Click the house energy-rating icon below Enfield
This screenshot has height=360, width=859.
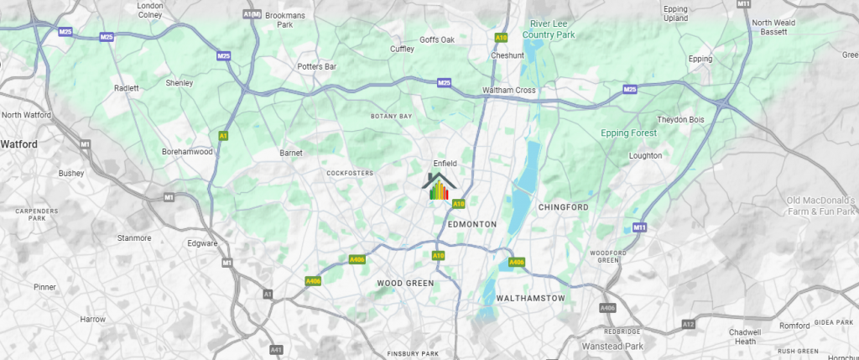pos(440,187)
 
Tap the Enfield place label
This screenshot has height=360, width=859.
pos(444,163)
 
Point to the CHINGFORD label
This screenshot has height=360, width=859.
pos(564,206)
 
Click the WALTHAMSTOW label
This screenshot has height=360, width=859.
pos(530,298)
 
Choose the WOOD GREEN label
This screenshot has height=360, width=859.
pos(406,284)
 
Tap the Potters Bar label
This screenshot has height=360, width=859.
pos(317,65)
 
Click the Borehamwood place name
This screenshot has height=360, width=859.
pos(187,152)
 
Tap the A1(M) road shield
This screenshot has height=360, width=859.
pos(251,14)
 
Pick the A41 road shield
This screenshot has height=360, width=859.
pos(276,348)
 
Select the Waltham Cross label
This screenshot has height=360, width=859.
pos(509,91)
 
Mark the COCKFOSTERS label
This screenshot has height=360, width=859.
pos(349,174)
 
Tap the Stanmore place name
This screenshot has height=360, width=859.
pos(135,238)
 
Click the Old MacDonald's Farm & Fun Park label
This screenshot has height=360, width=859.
pos(820,206)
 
